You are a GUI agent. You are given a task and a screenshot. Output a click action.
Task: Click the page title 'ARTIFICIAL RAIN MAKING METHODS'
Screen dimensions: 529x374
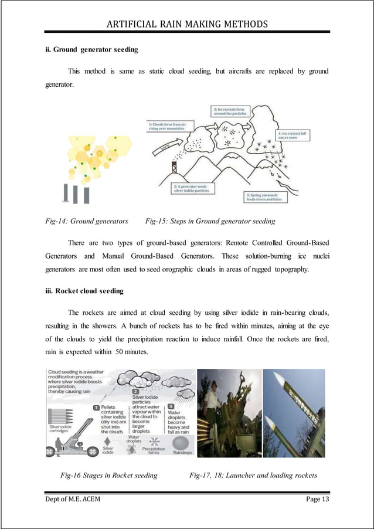[187, 23]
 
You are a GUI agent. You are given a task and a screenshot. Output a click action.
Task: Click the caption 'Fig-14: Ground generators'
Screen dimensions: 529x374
[87, 221]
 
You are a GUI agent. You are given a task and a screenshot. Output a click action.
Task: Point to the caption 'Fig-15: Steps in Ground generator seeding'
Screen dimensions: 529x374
[210, 221]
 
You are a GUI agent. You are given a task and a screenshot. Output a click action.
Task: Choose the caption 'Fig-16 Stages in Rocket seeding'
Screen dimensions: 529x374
[109, 475]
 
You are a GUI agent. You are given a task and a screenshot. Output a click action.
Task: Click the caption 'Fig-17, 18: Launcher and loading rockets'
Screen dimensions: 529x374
[253, 475]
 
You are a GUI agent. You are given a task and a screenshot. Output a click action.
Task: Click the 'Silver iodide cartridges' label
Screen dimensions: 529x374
[60, 429]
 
